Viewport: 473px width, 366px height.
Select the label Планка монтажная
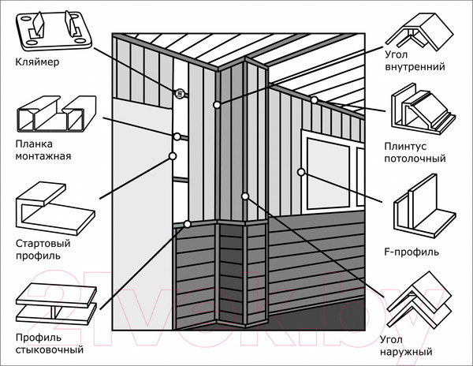(43, 150)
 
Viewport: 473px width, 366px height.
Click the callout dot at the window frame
(301, 171)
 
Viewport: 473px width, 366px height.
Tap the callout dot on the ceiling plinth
(314, 99)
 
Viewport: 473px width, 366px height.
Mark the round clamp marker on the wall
(179, 93)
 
